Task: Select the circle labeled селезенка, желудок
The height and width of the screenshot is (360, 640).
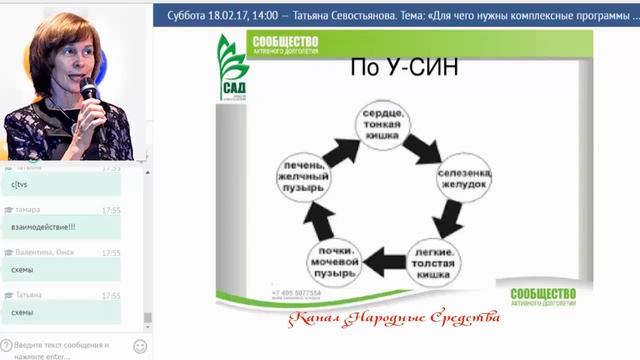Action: pyautogui.click(x=465, y=180)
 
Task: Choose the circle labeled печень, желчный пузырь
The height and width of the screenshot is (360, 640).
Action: pyautogui.click(x=303, y=182)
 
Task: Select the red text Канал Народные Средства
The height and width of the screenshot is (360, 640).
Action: pyautogui.click(x=392, y=319)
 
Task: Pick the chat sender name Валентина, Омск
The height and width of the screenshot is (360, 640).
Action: pyautogui.click(x=45, y=253)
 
